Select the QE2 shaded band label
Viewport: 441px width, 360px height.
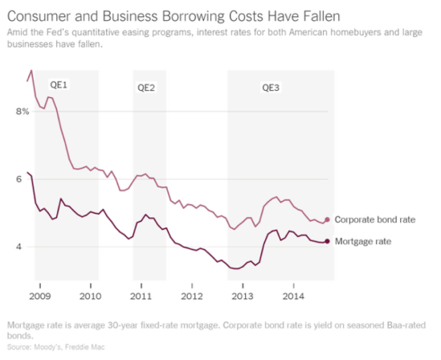tap(146, 87)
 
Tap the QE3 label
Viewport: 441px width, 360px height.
tap(272, 87)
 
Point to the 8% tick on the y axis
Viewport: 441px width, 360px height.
tap(22, 112)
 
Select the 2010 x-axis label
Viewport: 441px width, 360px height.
tap(92, 297)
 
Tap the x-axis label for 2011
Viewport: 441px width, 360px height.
tap(141, 297)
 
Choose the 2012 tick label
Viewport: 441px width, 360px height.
tap(192, 297)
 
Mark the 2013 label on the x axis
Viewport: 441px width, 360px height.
tap(242, 297)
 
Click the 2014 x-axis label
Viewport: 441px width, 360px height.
tap(292, 297)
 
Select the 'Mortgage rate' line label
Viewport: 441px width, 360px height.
tap(363, 241)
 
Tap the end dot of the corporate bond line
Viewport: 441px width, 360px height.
tap(327, 219)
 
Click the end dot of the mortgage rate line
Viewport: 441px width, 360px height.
tap(327, 241)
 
